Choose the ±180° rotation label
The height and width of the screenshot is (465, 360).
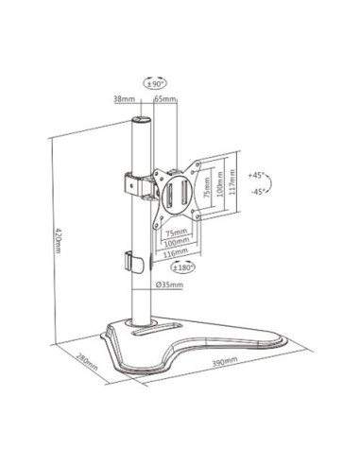click(184, 266)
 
